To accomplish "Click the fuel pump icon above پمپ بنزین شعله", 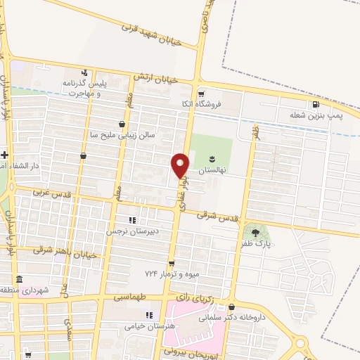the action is pyautogui.click(x=324, y=105).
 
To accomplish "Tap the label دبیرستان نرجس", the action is pyautogui.click(x=129, y=231).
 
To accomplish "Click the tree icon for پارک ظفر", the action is pyautogui.click(x=255, y=232).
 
